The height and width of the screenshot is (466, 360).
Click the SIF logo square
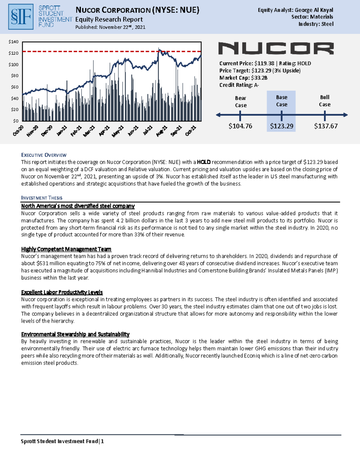[21, 17]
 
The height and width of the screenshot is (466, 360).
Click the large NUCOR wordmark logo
[276, 48]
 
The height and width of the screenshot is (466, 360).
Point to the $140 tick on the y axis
[13, 42]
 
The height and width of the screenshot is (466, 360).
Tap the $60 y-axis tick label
[14, 87]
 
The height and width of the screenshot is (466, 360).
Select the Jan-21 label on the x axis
[62, 131]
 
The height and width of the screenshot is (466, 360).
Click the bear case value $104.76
[240, 126]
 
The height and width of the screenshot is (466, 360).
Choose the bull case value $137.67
[325, 126]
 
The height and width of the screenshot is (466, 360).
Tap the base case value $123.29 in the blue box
[281, 126]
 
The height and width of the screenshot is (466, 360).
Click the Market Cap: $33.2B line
[243, 78]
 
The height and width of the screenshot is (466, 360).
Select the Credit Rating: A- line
[239, 85]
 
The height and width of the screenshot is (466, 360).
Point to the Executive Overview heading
[44, 155]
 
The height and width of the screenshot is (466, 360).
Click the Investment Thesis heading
[42, 198]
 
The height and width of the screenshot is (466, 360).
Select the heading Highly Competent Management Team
[66, 249]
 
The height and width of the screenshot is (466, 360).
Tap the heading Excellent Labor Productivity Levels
[62, 292]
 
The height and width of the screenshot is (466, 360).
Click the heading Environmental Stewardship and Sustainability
[75, 334]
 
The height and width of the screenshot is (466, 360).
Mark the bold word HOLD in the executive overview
[204, 162]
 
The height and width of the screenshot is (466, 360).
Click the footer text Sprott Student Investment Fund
[59, 441]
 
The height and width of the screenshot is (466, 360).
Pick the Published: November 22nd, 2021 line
[110, 27]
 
